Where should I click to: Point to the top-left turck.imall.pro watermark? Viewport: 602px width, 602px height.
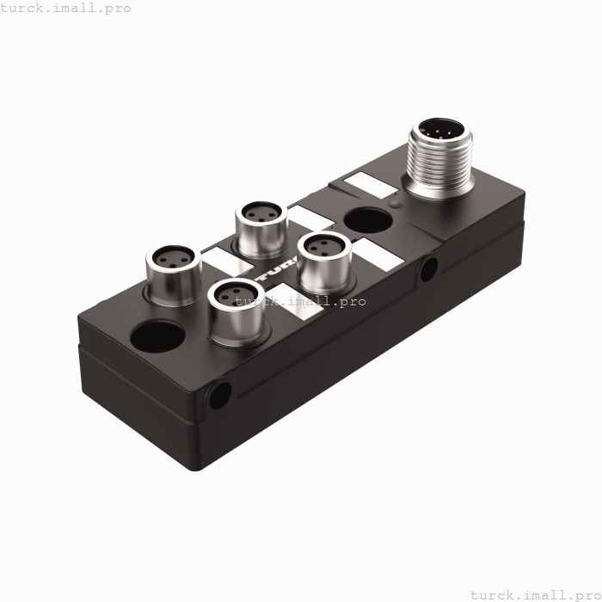click(x=66, y=8)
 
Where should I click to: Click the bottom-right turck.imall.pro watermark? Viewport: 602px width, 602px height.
click(x=532, y=594)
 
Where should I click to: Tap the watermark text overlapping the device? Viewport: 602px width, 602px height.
click(x=301, y=301)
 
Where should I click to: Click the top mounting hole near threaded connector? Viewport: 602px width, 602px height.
click(x=367, y=221)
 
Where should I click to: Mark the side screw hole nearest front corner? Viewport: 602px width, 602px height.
click(x=220, y=395)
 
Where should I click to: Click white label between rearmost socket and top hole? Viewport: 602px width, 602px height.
click(x=310, y=216)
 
